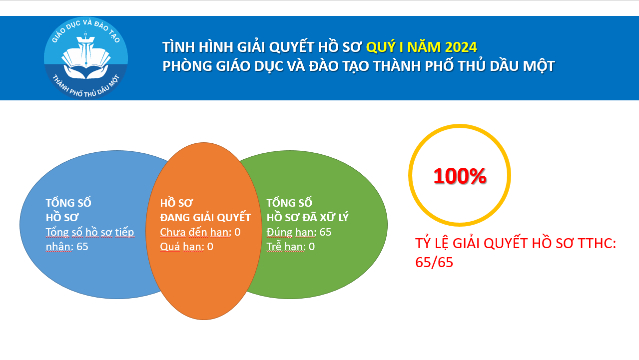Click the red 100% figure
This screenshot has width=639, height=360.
[x=460, y=176]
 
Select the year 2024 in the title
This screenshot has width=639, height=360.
[x=461, y=47]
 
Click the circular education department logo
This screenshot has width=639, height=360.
[x=86, y=58]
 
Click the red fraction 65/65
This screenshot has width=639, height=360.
[x=434, y=262]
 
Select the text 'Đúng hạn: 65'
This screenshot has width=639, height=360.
[x=299, y=232]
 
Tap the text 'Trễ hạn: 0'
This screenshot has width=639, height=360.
[x=290, y=247]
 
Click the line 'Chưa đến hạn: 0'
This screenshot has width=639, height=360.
[x=200, y=232]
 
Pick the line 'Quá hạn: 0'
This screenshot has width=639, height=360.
[x=186, y=247]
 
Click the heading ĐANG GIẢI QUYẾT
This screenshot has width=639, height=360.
[x=205, y=218]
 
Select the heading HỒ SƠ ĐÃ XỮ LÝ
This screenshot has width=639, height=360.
[x=307, y=217]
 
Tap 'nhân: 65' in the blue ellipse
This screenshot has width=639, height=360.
[x=67, y=247]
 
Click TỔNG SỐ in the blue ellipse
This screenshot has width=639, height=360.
[x=68, y=203]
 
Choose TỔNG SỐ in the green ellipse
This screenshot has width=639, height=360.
[x=289, y=203]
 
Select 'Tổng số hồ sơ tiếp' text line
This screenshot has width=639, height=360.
[x=90, y=232]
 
